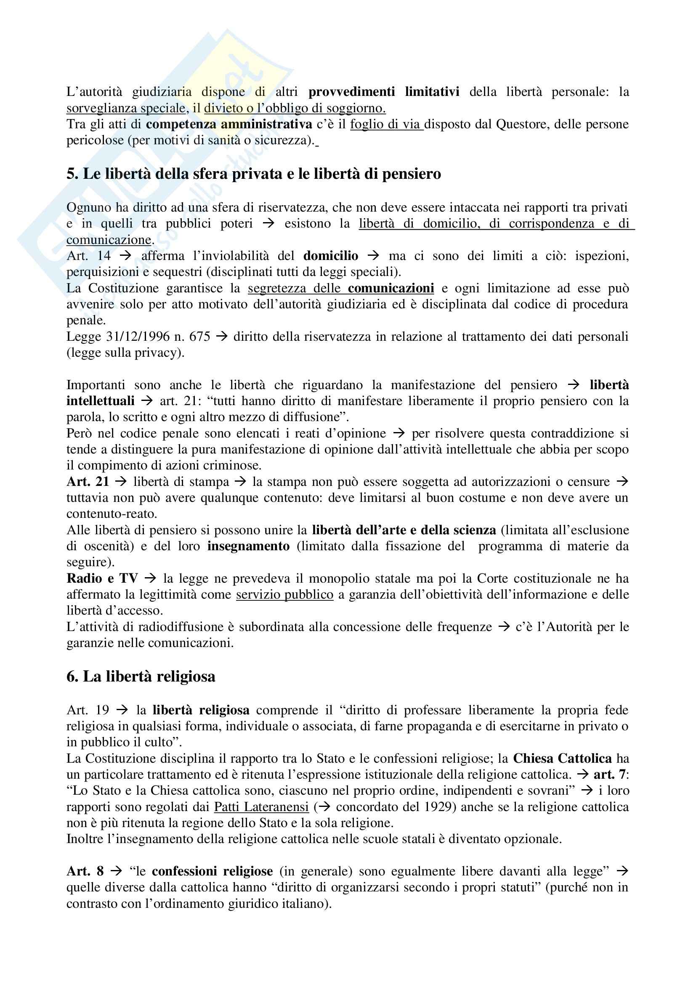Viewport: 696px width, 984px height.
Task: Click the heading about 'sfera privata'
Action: click(x=253, y=174)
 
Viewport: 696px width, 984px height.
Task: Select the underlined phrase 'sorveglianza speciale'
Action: click(x=125, y=108)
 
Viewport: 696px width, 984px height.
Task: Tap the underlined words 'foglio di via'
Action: click(x=385, y=124)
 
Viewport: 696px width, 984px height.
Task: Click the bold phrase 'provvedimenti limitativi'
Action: click(x=384, y=92)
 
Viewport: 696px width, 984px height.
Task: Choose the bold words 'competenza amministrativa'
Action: click(x=229, y=124)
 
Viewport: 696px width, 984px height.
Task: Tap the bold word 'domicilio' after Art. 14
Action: click(x=330, y=256)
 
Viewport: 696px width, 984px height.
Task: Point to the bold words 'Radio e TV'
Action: click(x=102, y=578)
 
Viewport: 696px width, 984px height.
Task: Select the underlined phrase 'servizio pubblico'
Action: click(x=284, y=594)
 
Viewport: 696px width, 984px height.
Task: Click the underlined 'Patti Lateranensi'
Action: click(x=261, y=807)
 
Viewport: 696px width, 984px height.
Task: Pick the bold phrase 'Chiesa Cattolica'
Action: click(x=562, y=759)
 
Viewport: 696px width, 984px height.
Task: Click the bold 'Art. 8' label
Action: click(x=85, y=871)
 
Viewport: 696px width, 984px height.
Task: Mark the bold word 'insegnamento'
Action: click(x=248, y=546)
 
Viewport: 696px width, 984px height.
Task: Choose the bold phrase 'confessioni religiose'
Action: click(x=212, y=871)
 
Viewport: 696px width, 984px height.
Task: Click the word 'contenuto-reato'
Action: click(x=112, y=514)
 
